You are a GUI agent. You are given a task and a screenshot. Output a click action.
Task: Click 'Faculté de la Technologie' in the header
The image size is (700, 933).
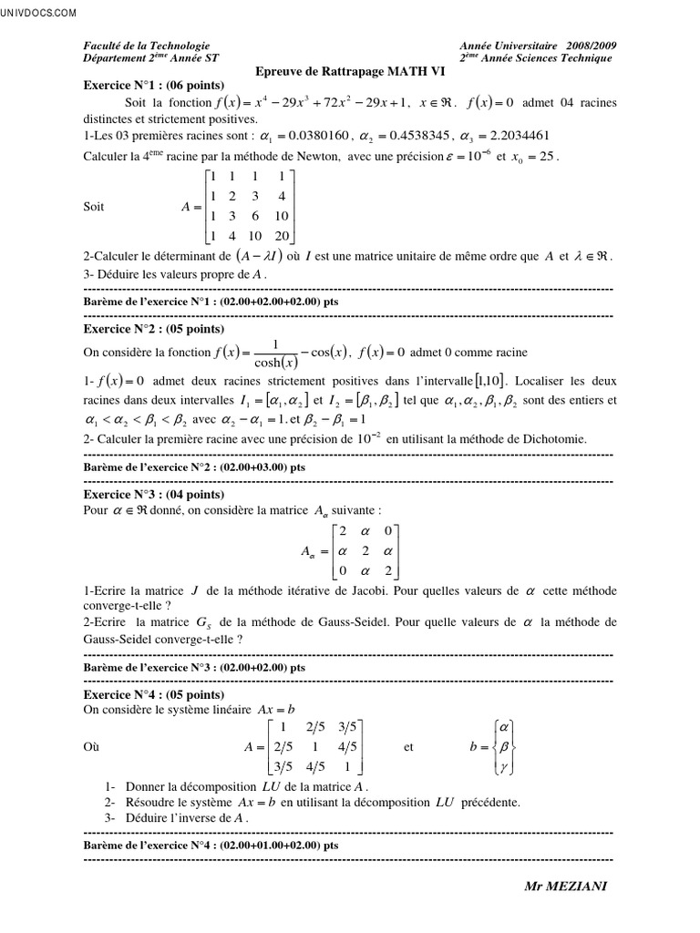(x=147, y=46)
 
